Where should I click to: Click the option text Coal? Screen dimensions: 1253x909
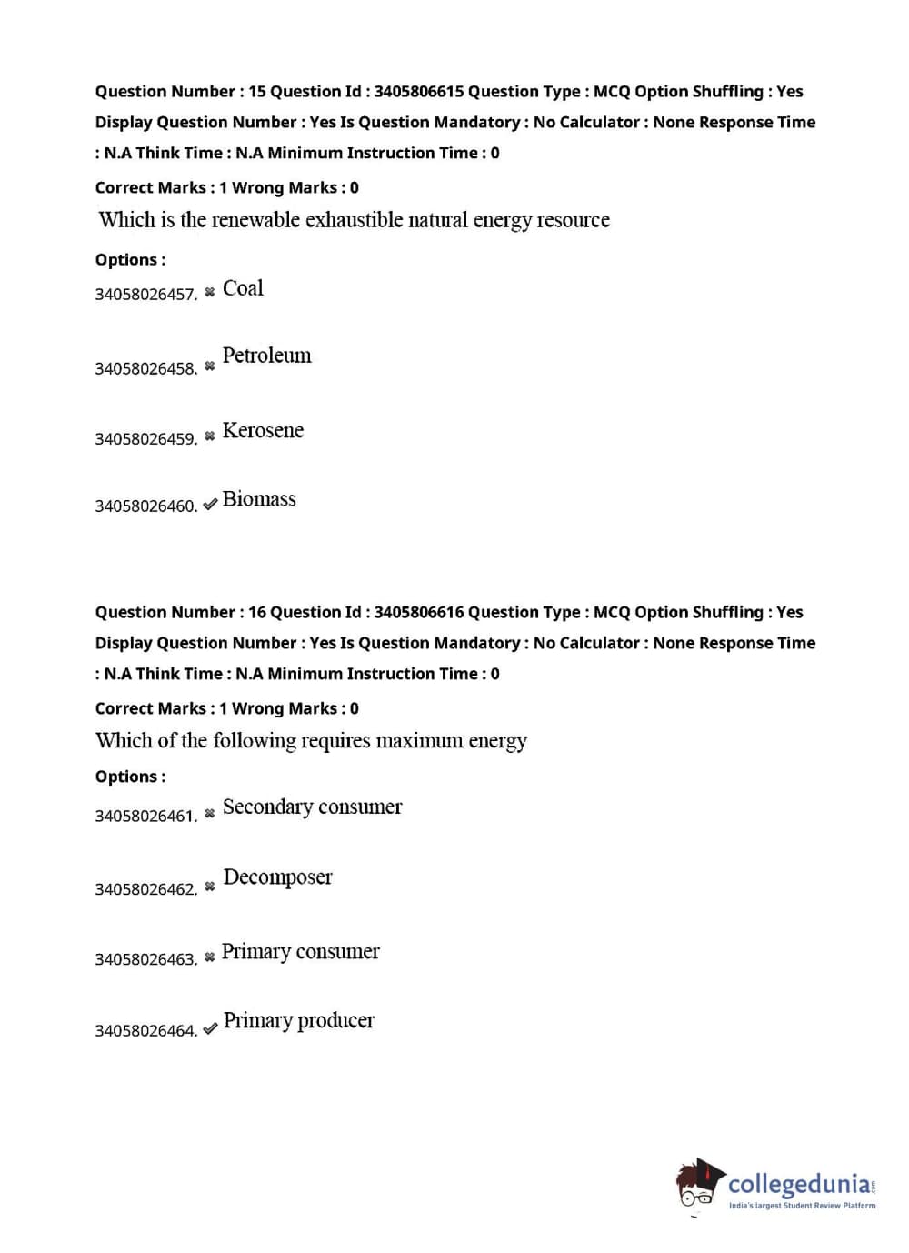(x=243, y=288)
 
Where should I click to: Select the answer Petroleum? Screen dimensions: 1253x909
(x=266, y=356)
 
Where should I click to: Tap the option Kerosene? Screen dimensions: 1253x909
(x=263, y=430)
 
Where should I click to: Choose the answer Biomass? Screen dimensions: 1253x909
(x=259, y=499)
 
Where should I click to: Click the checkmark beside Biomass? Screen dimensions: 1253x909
(x=210, y=504)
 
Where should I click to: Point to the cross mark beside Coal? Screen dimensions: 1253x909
(x=210, y=292)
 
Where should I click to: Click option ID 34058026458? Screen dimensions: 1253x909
(x=145, y=368)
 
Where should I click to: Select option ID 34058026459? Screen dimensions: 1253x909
(x=145, y=438)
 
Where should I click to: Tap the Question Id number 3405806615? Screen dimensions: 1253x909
(x=418, y=91)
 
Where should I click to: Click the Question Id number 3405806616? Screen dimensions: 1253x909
(x=418, y=612)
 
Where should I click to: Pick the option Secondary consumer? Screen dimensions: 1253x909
(x=312, y=807)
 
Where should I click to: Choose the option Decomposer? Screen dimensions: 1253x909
(x=277, y=877)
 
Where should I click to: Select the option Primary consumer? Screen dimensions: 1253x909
(x=300, y=951)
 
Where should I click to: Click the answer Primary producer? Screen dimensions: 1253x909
(x=298, y=1020)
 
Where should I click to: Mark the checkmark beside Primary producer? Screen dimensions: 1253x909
(x=210, y=1028)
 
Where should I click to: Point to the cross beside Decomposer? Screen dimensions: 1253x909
(x=210, y=887)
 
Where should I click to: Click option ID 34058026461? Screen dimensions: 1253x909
(x=145, y=816)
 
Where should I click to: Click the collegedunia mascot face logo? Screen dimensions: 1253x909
(x=698, y=1185)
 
